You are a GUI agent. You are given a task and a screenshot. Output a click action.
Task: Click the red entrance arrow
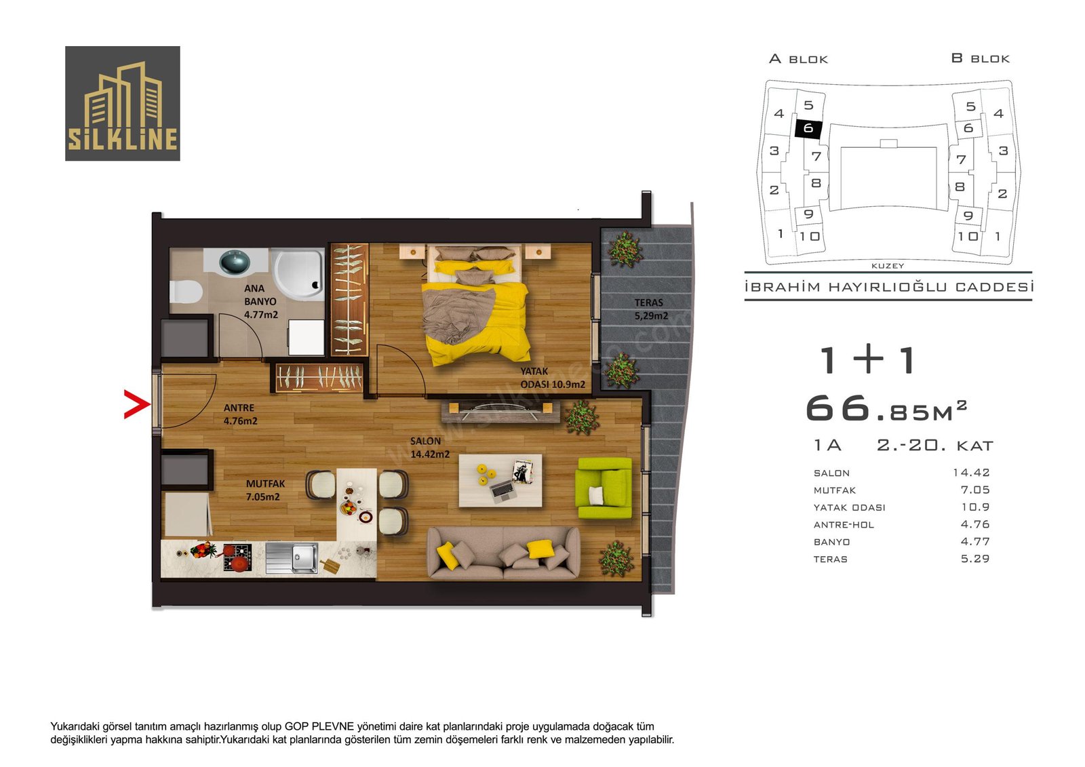click(x=137, y=404)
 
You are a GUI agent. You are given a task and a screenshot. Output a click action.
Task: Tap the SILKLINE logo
click(x=123, y=103)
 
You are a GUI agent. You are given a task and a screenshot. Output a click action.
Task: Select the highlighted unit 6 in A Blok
click(x=808, y=128)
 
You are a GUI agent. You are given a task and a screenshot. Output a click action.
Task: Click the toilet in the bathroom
click(x=186, y=291)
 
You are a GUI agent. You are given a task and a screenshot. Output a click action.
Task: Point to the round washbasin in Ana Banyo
click(x=235, y=262)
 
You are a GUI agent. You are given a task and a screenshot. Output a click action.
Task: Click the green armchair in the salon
click(x=604, y=488)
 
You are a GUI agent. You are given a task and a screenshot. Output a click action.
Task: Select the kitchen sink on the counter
click(x=292, y=557)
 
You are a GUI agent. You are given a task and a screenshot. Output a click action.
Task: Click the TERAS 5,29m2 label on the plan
click(x=651, y=309)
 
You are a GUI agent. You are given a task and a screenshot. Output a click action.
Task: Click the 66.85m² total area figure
click(x=886, y=408)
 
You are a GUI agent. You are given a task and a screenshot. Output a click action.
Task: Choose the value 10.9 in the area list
click(x=975, y=507)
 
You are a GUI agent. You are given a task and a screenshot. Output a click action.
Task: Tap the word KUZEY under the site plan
click(x=888, y=266)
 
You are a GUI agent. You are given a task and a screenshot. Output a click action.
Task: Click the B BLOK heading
click(x=980, y=58)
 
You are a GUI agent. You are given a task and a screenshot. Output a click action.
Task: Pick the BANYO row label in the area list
click(x=831, y=542)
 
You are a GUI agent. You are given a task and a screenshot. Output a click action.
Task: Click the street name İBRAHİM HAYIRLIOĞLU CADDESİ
click(x=889, y=287)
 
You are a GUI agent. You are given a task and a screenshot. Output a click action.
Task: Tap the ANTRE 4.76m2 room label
click(x=240, y=414)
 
